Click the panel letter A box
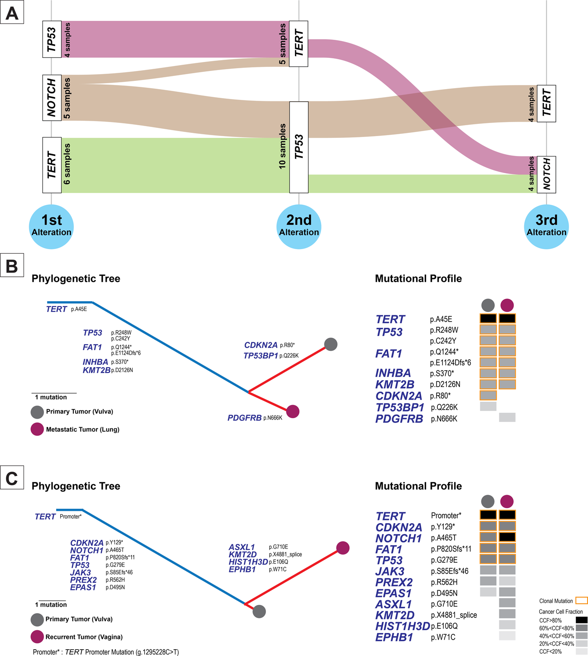(12, 13)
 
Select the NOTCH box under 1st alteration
(52, 98)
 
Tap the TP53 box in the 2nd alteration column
(299, 147)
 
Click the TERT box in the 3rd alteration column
(546, 103)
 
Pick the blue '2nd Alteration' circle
(299, 226)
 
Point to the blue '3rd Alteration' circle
(546, 226)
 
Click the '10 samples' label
(283, 147)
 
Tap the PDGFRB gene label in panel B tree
(245, 418)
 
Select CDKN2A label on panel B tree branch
(261, 345)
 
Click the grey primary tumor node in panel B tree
(331, 345)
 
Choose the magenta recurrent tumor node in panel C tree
(343, 548)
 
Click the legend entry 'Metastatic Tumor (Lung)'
(82, 429)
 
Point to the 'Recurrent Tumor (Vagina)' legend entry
(84, 637)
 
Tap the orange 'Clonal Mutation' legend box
(581, 601)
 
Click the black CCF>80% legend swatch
(581, 620)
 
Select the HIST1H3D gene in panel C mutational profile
(403, 626)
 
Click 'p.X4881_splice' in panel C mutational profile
(454, 615)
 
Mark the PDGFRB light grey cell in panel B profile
(507, 417)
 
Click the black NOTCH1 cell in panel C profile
(507, 537)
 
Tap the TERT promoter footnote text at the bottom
(106, 652)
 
